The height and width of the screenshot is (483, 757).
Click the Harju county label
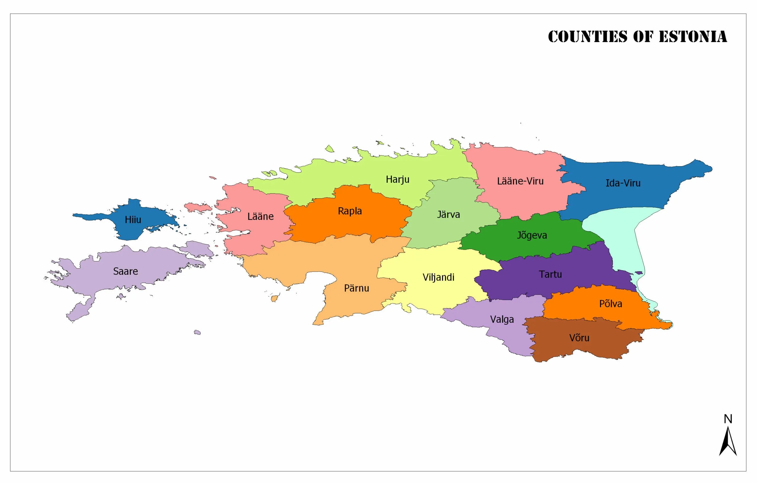(x=397, y=180)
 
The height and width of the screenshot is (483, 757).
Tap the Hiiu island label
(x=133, y=219)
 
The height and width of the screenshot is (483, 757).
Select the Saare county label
(x=125, y=271)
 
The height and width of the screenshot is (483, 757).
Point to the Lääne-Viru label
(x=520, y=181)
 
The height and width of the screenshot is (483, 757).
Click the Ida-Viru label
(x=623, y=183)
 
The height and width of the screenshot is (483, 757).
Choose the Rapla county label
(x=350, y=211)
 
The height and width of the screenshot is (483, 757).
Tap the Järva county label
(x=448, y=215)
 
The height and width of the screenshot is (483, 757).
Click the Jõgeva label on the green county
(x=532, y=235)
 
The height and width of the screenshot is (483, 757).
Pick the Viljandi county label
(x=438, y=277)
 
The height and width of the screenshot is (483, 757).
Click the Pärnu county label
(x=356, y=288)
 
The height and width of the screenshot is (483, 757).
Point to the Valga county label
(x=502, y=319)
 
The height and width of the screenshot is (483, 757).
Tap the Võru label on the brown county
(x=579, y=338)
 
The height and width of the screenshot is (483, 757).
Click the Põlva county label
(x=610, y=304)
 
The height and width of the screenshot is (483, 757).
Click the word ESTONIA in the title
(x=693, y=37)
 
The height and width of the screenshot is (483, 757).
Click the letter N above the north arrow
(x=728, y=419)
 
